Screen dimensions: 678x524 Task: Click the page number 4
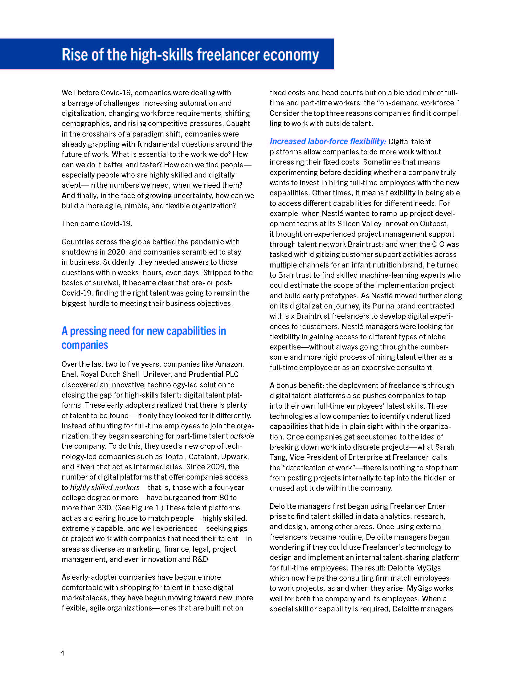(62, 653)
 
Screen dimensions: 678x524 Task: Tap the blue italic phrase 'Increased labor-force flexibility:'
(327, 141)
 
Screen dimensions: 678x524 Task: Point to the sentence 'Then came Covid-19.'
(96, 223)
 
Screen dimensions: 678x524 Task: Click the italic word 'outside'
(242, 436)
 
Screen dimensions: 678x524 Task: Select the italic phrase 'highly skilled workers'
(105, 488)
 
